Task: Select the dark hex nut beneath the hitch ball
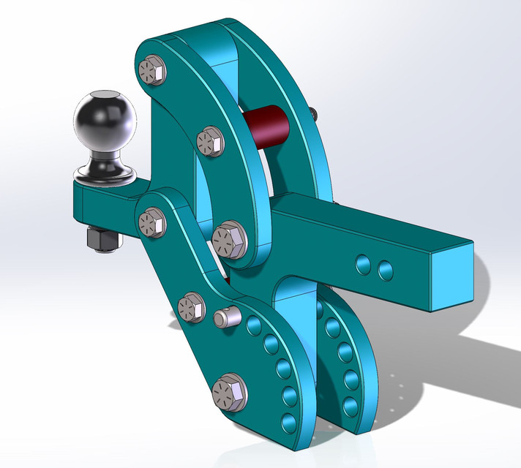pos(100,239)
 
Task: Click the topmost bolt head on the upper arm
pos(152,70)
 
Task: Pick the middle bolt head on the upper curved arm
pos(210,140)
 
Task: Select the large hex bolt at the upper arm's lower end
pos(230,238)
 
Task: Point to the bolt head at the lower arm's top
pos(152,222)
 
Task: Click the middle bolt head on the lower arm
pos(192,306)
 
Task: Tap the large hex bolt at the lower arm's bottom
pos(229,393)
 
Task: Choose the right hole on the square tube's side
pos(385,271)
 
